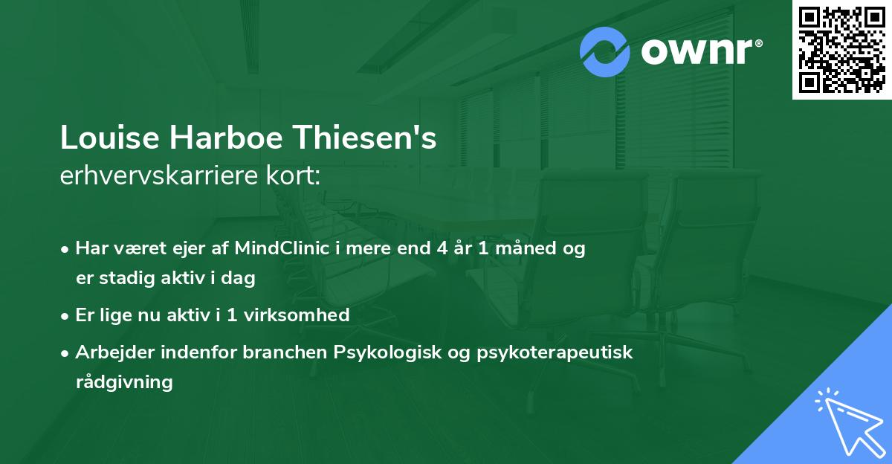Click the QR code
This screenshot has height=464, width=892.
point(841,49)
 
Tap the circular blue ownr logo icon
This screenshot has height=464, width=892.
point(604,51)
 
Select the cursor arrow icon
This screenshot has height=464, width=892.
point(847,420)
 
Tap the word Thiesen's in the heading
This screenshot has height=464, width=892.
point(361,138)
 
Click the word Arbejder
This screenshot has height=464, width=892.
point(111,352)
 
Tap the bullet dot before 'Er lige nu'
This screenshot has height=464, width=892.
point(66,315)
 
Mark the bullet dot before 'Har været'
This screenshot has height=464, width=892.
point(66,249)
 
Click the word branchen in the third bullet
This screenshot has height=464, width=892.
point(277,352)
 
